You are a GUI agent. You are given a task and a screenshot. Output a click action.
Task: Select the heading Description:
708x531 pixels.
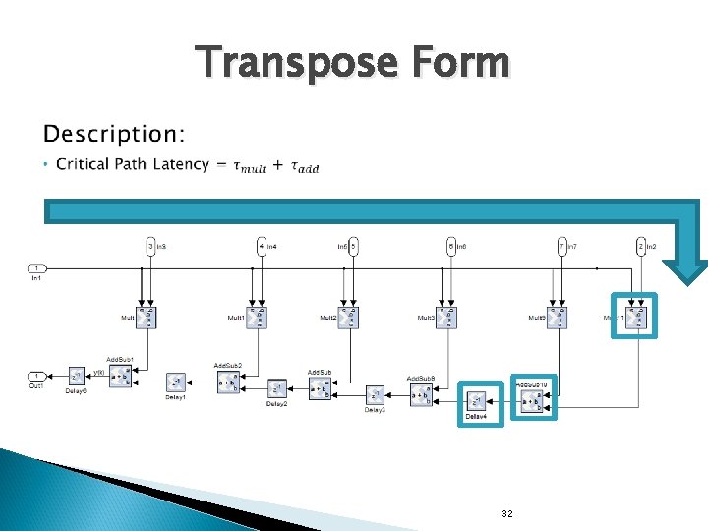coord(114,133)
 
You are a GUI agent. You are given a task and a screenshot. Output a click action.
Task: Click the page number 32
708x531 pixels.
coord(506,514)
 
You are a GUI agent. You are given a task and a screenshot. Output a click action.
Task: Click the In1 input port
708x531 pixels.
coord(36,267)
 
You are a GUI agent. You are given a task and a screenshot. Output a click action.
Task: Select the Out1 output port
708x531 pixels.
coord(36,375)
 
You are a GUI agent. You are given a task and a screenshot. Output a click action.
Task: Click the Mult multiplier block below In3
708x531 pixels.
coord(147,318)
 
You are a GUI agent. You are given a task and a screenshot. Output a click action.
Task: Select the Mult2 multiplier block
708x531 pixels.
coord(349,318)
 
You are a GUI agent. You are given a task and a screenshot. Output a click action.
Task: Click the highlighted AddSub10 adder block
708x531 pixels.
coord(532,401)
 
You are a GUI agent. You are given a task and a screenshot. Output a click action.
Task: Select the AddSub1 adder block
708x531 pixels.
coord(120,375)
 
